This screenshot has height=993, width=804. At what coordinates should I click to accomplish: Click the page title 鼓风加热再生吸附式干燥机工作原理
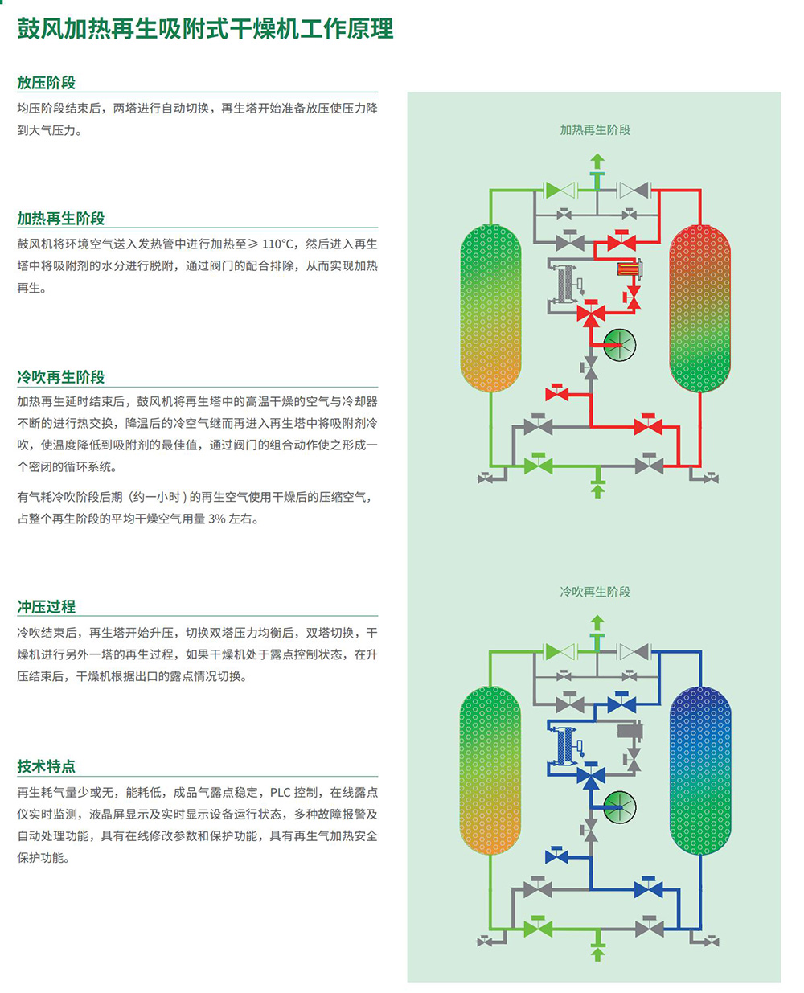[x=205, y=29]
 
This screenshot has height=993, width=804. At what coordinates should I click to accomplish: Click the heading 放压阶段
[x=46, y=83]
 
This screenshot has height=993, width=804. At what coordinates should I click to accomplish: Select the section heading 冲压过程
[x=46, y=606]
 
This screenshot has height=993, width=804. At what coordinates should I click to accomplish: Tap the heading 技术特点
[x=46, y=766]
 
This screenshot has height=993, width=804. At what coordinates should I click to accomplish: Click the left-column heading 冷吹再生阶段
[x=60, y=376]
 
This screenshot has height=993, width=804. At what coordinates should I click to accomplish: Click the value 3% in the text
[x=217, y=519]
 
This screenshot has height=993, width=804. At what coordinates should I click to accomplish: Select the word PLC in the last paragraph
[x=281, y=793]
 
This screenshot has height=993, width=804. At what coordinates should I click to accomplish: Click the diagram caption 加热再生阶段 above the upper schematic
[x=595, y=130]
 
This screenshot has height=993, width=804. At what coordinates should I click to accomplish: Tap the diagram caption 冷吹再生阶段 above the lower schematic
[x=595, y=592]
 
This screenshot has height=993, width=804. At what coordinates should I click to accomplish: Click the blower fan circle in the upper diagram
[x=619, y=345]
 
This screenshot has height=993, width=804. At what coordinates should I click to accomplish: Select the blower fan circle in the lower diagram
[x=619, y=807]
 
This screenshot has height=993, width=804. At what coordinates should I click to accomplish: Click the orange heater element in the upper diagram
[x=629, y=269]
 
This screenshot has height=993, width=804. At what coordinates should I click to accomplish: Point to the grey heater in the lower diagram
[x=630, y=731]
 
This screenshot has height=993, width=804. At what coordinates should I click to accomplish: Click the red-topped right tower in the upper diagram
[x=699, y=308]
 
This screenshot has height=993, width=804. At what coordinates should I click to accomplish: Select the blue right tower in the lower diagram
[x=700, y=770]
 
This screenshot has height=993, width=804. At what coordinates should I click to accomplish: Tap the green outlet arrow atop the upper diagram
[x=597, y=162]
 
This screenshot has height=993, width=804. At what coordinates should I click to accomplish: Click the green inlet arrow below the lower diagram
[x=597, y=954]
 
